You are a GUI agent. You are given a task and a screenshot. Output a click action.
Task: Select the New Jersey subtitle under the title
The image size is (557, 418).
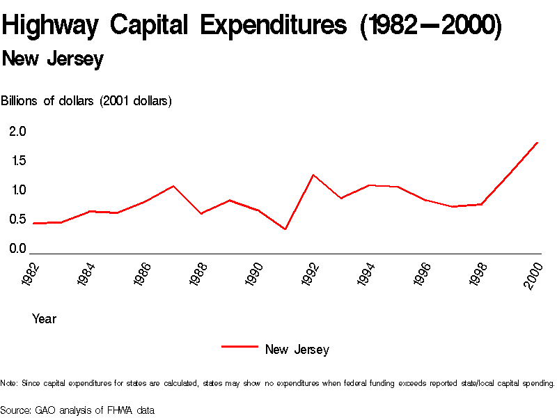pyautogui.click(x=53, y=59)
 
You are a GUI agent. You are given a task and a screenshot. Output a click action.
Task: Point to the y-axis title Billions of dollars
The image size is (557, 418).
pyautogui.click(x=86, y=101)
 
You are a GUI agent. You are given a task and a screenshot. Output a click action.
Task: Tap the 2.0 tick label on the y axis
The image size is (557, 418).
pyautogui.click(x=17, y=131)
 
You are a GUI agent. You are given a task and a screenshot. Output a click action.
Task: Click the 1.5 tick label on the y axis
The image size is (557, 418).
pyautogui.click(x=17, y=161)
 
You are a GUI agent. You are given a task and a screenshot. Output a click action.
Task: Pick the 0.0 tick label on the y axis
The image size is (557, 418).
pyautogui.click(x=17, y=249)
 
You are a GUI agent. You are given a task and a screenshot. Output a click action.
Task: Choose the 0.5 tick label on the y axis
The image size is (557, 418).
pyautogui.click(x=17, y=219)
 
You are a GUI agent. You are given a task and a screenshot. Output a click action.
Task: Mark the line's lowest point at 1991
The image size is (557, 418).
pyautogui.click(x=285, y=229)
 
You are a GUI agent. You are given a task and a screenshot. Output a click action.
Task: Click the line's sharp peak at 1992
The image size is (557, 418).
pyautogui.click(x=313, y=175)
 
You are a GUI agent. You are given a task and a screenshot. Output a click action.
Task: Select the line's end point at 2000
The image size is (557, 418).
pyautogui.click(x=538, y=142)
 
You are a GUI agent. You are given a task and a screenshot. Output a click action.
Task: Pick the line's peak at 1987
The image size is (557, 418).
pyautogui.click(x=173, y=186)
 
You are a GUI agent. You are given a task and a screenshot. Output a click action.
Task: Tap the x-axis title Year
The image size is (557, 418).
pyautogui.click(x=44, y=319)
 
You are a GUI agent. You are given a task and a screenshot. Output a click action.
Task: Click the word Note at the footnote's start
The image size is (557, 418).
pyautogui.click(x=9, y=383)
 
